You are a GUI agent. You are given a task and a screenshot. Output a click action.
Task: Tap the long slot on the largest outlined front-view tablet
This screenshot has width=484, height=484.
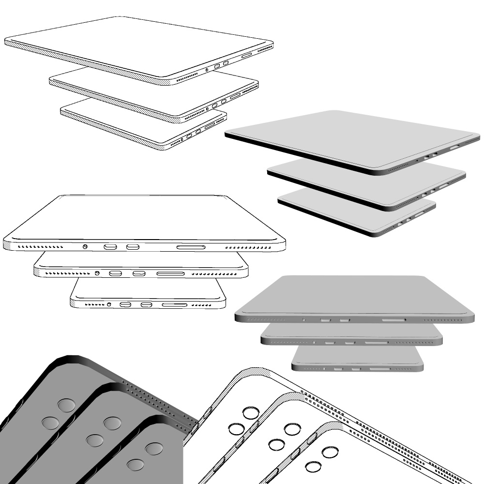191,247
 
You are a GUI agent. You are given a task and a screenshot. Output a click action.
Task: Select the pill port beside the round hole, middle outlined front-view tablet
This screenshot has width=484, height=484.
115,273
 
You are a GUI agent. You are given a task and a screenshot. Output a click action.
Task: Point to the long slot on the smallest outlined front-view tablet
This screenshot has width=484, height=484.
174,305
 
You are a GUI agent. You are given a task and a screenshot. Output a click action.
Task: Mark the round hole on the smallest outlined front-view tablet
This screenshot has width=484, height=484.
109,304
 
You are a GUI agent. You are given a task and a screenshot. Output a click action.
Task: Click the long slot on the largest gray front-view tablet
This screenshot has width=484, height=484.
394,320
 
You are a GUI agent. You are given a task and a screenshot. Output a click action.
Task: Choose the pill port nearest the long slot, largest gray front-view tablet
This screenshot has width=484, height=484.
345,320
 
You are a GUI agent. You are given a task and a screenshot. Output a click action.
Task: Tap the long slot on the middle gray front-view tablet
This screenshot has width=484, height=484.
376,343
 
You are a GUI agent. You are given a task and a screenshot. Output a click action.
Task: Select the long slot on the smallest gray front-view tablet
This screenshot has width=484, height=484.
381,369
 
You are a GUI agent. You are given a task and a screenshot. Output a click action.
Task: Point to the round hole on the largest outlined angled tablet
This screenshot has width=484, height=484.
207,70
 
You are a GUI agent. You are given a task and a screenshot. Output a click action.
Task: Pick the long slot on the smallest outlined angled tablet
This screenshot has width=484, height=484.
210,126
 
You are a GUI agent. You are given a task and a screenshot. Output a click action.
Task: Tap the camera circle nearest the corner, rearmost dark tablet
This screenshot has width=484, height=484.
66,405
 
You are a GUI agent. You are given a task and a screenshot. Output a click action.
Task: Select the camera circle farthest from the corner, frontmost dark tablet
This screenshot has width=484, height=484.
135,465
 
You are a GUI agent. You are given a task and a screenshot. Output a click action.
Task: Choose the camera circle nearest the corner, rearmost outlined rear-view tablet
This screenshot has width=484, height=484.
251,413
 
